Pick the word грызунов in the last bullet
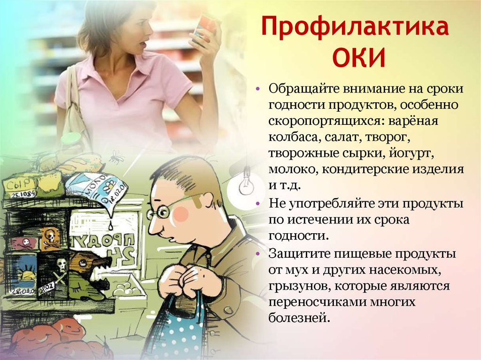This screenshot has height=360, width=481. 299,286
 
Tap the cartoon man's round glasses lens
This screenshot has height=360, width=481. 162,211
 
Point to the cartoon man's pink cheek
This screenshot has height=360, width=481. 181,214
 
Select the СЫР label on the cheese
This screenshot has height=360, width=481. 18,185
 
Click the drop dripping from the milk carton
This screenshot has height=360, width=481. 110,226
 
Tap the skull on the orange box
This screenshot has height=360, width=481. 50,237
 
